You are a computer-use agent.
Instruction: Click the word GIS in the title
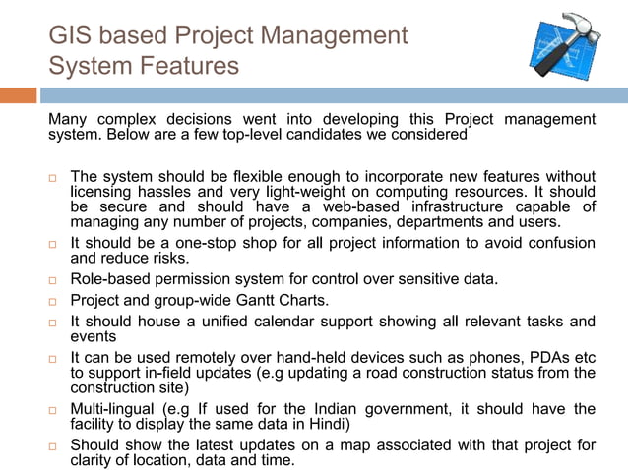[x=70, y=35]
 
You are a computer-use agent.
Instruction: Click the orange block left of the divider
[x=18, y=95]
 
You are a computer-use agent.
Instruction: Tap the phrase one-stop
[x=205, y=243]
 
